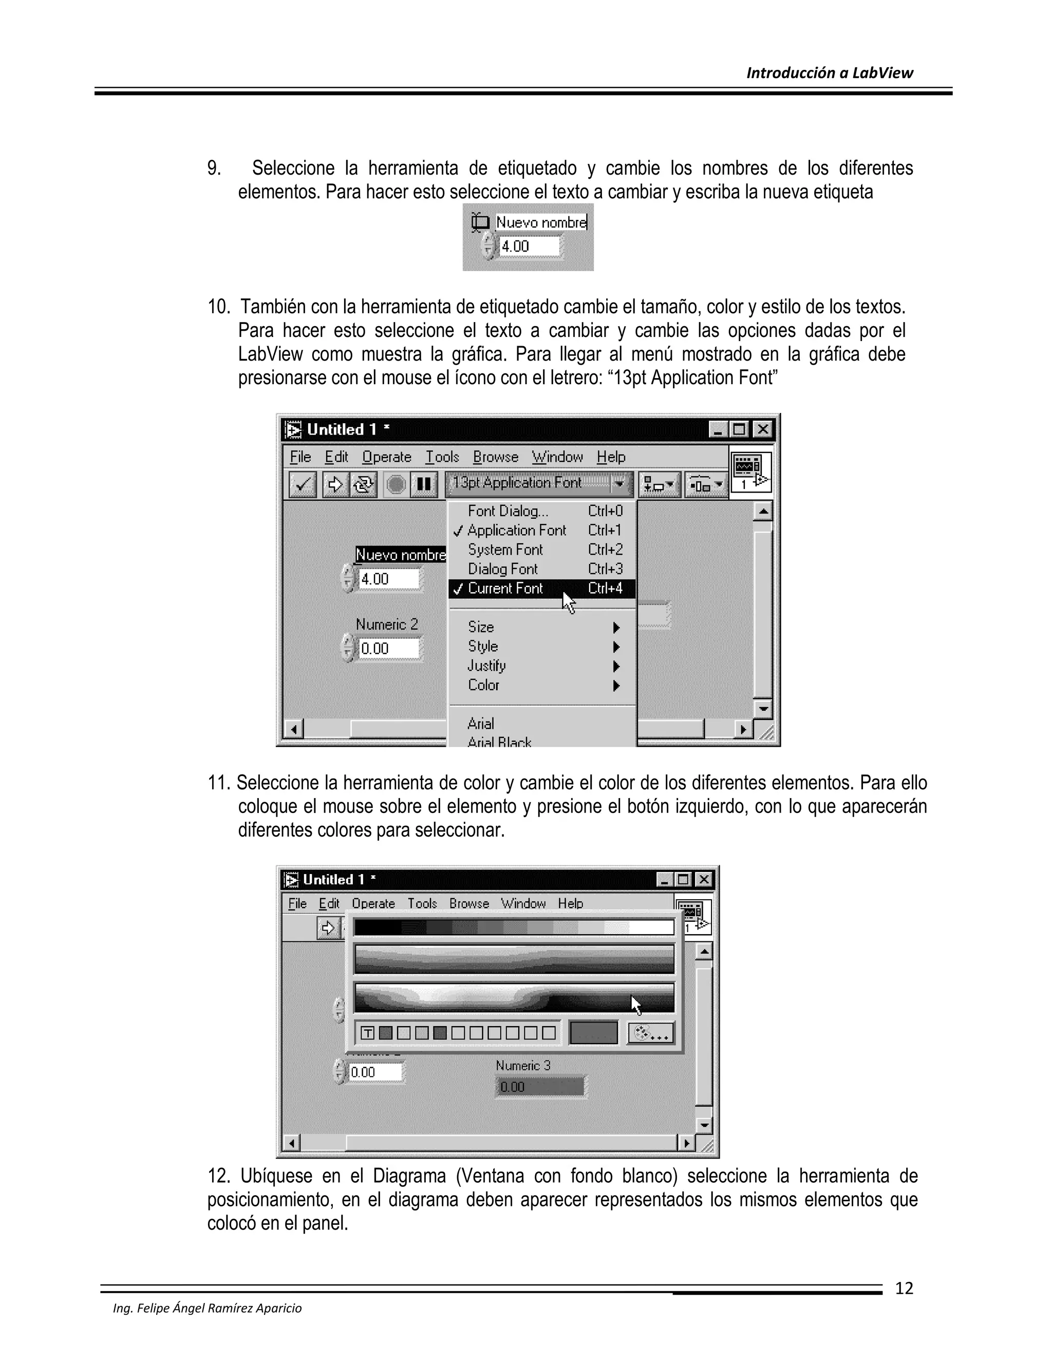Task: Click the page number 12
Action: pyautogui.click(x=904, y=1288)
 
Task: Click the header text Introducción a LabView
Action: pyautogui.click(x=829, y=73)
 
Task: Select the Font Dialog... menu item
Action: pyautogui.click(x=508, y=511)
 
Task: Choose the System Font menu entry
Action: pyautogui.click(x=505, y=550)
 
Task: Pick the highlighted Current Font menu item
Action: pyautogui.click(x=505, y=588)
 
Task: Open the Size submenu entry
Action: pyautogui.click(x=481, y=627)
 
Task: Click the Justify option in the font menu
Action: pyautogui.click(x=486, y=666)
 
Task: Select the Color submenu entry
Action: pyautogui.click(x=483, y=685)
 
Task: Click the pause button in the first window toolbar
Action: pyautogui.click(x=424, y=484)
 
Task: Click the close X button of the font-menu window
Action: pyautogui.click(x=762, y=429)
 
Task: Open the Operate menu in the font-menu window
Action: pyautogui.click(x=386, y=457)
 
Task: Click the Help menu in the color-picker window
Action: pyautogui.click(x=570, y=903)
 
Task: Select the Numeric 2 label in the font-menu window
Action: pyautogui.click(x=386, y=625)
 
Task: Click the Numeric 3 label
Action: pyautogui.click(x=523, y=1066)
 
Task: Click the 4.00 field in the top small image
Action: pyautogui.click(x=529, y=246)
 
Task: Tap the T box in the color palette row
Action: pyautogui.click(x=368, y=1033)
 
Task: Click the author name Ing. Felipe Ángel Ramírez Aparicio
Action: pyautogui.click(x=207, y=1308)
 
